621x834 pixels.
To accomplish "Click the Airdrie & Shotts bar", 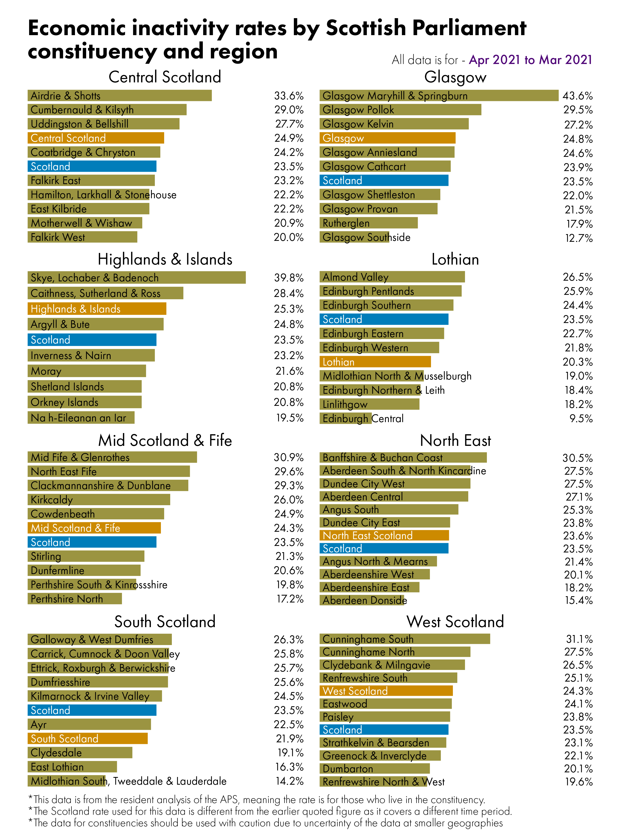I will pyautogui.click(x=119, y=95).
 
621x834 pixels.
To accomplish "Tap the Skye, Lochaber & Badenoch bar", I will pyautogui.click(x=136, y=278).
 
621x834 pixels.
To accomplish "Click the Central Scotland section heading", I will pyautogui.click(x=165, y=77).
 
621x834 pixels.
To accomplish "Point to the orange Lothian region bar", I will pyautogui.click(x=375, y=362).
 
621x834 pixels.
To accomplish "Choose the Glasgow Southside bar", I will pyautogui.click(x=354, y=237).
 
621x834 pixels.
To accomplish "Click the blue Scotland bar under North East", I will pyautogui.click(x=384, y=548).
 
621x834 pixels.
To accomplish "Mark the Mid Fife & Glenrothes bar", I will pyautogui.click(x=112, y=457).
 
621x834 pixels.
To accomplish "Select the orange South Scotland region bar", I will pyautogui.click(x=88, y=739).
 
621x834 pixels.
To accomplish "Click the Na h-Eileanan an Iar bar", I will pyautogui.click(x=81, y=418).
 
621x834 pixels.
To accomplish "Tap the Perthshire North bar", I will pyautogui.click(x=75, y=599).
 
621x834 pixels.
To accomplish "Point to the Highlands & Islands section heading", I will pyautogui.click(x=165, y=259).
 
